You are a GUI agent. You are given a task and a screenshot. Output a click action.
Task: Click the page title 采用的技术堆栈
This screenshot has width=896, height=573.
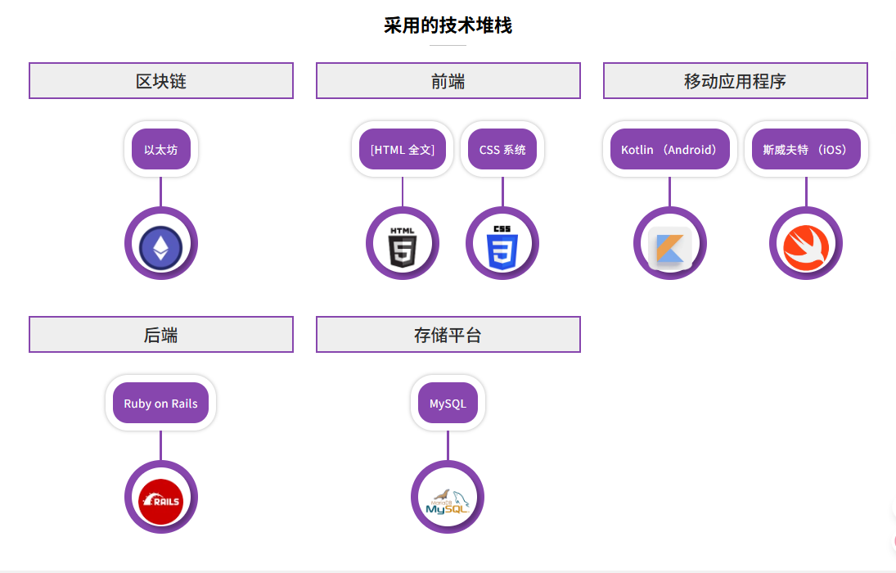[448, 25]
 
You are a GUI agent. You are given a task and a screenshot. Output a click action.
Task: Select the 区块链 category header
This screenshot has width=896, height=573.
[161, 81]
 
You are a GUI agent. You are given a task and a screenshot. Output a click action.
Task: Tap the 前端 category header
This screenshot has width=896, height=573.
[448, 81]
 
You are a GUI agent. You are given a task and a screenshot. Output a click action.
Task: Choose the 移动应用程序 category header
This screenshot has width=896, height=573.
[735, 81]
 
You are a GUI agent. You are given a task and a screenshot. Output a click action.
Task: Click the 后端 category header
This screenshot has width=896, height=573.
[161, 335]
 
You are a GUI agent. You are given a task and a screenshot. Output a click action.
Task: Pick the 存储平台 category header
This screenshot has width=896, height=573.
[448, 335]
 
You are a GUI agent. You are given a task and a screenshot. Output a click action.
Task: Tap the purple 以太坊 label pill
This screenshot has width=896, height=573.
[161, 150]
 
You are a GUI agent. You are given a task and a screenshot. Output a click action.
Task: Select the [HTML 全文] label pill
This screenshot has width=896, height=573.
[403, 150]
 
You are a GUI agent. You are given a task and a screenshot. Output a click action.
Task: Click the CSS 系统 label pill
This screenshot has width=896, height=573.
[502, 150]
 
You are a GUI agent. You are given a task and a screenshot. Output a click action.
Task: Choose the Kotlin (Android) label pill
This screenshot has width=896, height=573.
[669, 150]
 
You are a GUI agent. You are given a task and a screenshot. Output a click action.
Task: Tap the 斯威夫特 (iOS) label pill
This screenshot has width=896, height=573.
[806, 150]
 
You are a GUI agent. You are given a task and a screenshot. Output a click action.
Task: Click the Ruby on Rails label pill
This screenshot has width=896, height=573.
[161, 404]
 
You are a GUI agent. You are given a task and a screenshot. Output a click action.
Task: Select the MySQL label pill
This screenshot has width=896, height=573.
[448, 404]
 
